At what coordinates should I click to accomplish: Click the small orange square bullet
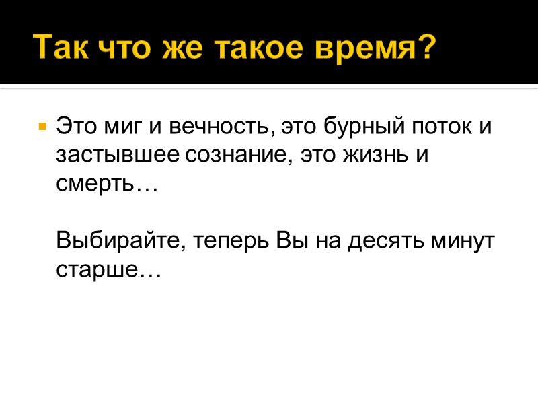(x=42, y=126)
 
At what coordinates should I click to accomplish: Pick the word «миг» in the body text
(x=119, y=126)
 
